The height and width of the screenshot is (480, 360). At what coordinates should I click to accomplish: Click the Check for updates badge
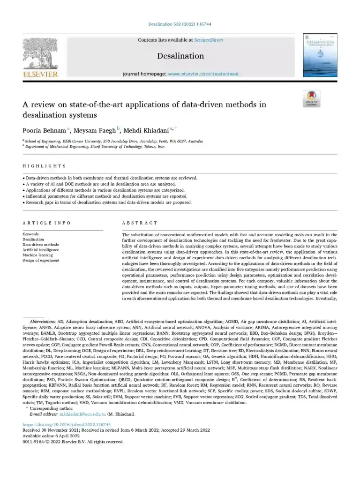312,99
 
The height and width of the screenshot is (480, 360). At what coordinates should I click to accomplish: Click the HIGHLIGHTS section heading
44,166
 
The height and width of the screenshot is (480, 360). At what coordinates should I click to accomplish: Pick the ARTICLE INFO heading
47,223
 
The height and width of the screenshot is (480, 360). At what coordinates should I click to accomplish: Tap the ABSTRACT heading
140,223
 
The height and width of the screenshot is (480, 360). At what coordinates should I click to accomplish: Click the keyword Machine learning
38,255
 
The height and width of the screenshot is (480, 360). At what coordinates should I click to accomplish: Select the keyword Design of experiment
41,260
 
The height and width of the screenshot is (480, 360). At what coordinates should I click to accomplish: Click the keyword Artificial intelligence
41,250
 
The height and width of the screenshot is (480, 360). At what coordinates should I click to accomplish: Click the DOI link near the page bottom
60,424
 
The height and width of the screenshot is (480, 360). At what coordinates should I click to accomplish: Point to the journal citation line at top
180,24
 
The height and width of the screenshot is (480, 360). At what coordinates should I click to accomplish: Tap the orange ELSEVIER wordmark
40,74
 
